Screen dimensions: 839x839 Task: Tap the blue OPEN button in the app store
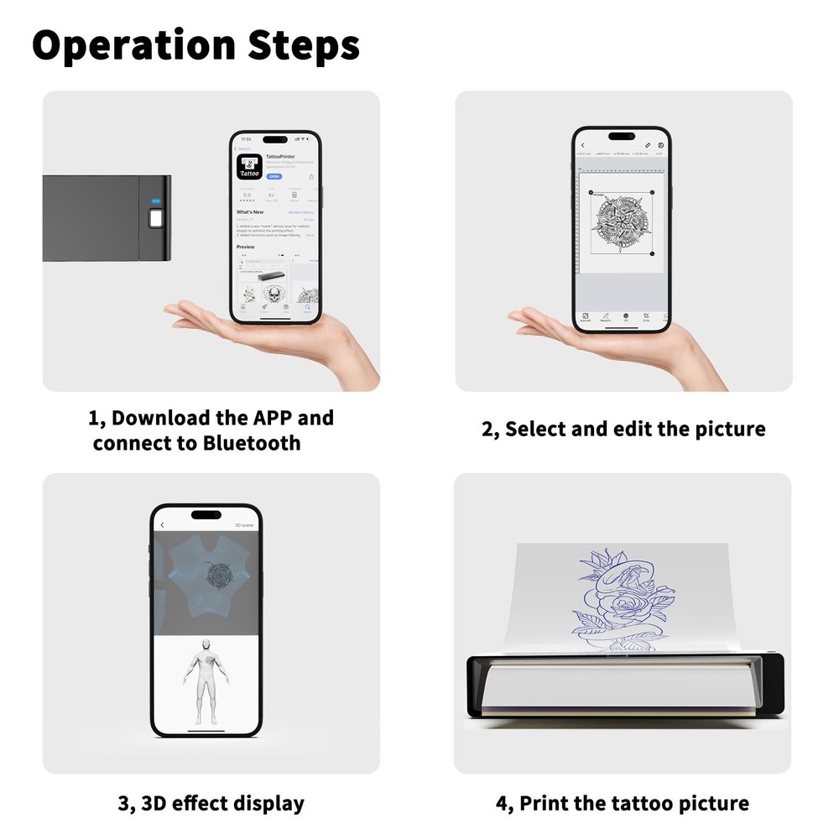(274, 177)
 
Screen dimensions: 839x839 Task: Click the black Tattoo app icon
(249, 165)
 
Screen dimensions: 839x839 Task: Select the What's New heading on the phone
(251, 212)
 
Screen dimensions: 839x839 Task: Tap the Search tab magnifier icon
(308, 309)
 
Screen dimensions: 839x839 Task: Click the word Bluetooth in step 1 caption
(252, 443)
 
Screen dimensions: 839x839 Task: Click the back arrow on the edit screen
(582, 145)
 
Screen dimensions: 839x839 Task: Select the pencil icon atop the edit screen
(647, 145)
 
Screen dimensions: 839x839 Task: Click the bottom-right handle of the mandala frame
(654, 254)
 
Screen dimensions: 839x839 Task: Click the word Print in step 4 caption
(545, 803)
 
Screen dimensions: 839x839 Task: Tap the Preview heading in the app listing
(246, 248)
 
